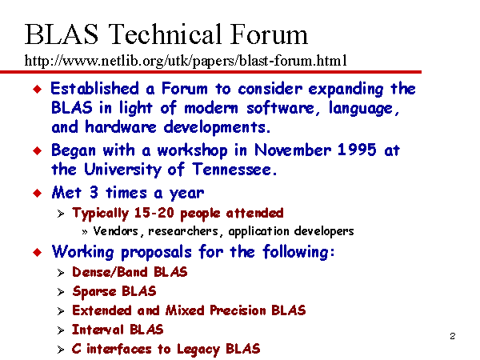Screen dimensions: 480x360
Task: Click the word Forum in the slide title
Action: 269,34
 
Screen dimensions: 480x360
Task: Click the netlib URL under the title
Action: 186,60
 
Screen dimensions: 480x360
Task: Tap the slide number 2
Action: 453,336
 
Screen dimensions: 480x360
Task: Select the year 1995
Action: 357,150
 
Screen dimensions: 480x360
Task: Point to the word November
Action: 293,150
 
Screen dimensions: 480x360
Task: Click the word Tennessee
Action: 234,170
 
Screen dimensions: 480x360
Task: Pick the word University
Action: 122,170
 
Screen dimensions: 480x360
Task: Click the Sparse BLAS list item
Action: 114,291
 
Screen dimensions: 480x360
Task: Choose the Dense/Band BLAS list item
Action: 130,272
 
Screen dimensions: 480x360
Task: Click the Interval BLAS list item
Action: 118,330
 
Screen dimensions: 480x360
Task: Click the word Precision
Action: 238,310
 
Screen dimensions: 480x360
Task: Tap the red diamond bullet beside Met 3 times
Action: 38,193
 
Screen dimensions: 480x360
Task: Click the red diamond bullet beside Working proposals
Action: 38,252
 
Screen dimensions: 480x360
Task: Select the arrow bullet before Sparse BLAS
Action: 61,292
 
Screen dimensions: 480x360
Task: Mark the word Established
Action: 95,89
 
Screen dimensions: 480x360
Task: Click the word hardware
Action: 121,126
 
